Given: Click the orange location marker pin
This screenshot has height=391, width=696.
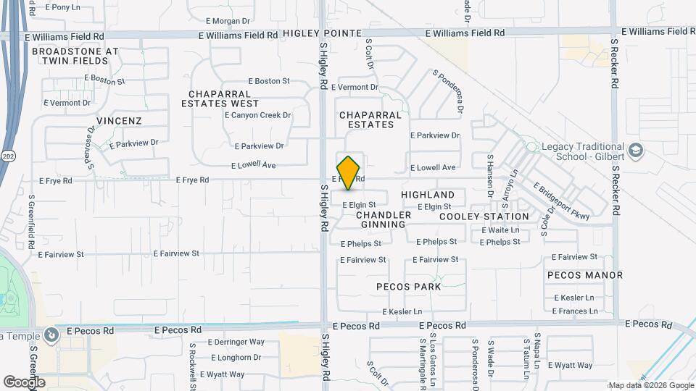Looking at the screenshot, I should click(349, 173).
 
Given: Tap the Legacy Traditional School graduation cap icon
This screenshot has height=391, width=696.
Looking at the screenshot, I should click(636, 151).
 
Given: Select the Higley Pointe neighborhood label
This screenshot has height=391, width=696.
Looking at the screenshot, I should click(322, 33).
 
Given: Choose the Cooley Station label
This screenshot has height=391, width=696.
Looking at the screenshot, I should click(484, 216).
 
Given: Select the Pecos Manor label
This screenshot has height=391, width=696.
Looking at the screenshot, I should click(585, 275).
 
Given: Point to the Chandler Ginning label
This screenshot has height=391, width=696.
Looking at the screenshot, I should click(384, 219).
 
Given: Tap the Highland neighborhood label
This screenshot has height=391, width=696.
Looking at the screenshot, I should click(428, 195).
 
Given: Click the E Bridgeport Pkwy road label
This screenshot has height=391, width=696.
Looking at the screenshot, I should click(562, 200).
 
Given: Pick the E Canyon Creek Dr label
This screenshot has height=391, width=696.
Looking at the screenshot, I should click(257, 115).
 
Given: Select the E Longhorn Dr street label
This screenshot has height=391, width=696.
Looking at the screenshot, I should click(236, 358).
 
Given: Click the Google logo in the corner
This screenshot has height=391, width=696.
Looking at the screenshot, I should click(24, 382).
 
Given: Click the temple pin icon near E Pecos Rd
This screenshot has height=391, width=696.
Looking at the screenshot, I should click(51, 335).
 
